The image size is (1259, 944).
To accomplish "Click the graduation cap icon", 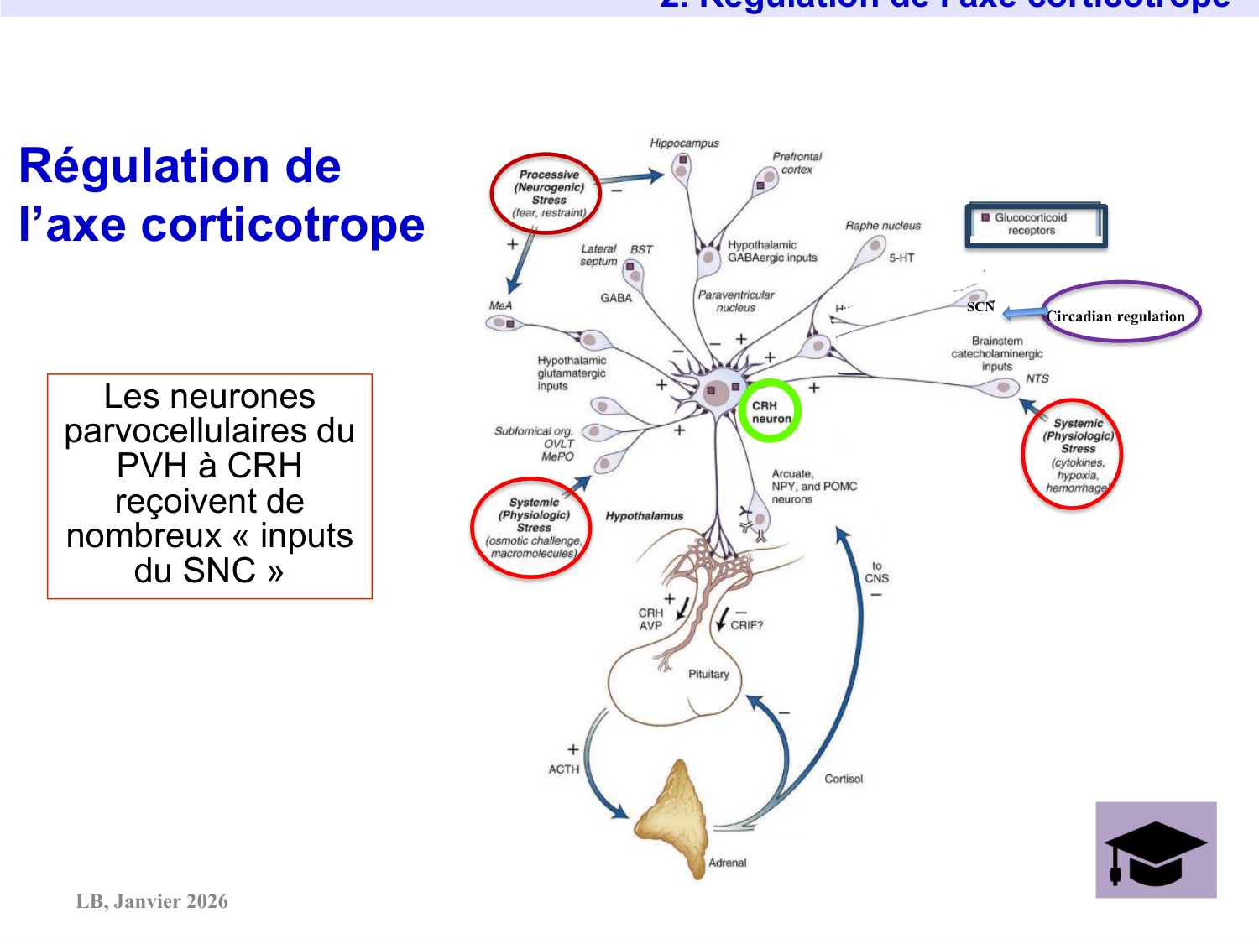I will [1156, 850].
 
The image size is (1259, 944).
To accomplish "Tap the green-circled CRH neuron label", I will [770, 411].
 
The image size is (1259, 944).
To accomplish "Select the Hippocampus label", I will [684, 143].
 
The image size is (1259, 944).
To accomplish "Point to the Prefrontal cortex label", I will [797, 163].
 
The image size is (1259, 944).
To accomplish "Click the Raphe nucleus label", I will [883, 226].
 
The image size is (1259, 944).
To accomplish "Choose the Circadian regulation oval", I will [1121, 312].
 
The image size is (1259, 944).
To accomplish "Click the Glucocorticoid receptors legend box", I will [1036, 225].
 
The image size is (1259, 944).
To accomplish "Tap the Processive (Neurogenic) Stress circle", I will [546, 194].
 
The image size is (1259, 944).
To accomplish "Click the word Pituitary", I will [708, 674].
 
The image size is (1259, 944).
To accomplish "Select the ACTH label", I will [563, 769].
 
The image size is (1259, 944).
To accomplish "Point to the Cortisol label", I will [844, 779].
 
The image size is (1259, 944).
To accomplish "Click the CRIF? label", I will [747, 625].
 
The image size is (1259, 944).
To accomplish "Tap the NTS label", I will [1037, 378].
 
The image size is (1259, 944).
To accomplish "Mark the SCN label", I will [980, 307].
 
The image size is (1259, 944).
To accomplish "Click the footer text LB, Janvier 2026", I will [152, 901].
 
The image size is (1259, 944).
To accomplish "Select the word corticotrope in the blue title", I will [283, 225].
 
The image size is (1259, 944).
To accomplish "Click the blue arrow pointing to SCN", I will [1022, 314].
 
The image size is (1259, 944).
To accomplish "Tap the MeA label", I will [500, 305].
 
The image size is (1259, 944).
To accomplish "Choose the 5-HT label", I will [901, 258].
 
